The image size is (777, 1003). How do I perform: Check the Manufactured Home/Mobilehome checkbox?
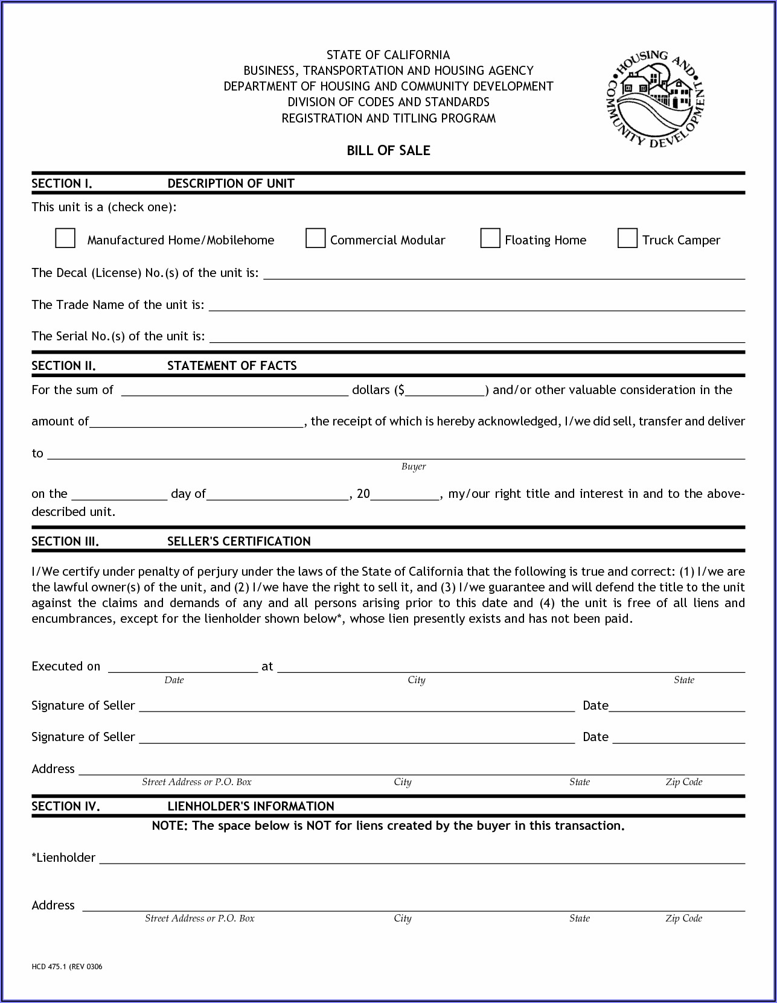[x=65, y=238]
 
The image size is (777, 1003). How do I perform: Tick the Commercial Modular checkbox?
[x=315, y=238]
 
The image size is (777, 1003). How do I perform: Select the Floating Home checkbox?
[x=490, y=238]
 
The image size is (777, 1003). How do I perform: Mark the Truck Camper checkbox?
[x=627, y=238]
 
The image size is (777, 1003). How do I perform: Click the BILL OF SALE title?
[x=388, y=151]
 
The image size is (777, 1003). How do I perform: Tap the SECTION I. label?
[x=62, y=183]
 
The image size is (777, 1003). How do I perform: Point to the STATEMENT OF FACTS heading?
[x=232, y=366]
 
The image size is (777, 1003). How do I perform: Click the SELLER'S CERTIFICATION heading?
[x=238, y=541]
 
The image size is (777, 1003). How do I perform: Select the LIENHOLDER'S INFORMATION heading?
[x=251, y=806]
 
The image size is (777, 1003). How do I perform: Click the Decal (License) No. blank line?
[x=504, y=275]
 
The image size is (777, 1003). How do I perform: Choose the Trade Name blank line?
[x=476, y=306]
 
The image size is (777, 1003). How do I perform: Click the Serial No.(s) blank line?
[x=476, y=337]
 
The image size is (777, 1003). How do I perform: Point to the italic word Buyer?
[x=414, y=466]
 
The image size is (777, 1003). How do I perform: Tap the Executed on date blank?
[x=182, y=667]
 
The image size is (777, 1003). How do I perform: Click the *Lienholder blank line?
[x=421, y=859]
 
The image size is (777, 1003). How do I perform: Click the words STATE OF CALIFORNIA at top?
[x=388, y=55]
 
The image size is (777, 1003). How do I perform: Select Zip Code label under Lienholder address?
[x=683, y=919]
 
